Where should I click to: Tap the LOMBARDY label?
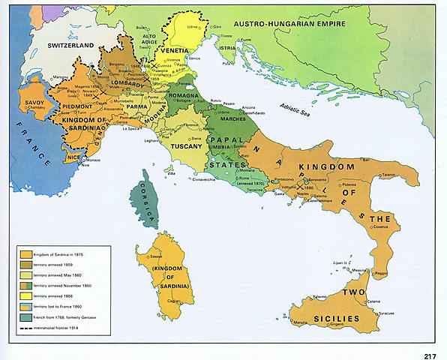click(x=127, y=85)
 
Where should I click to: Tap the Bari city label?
click(x=365, y=160)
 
